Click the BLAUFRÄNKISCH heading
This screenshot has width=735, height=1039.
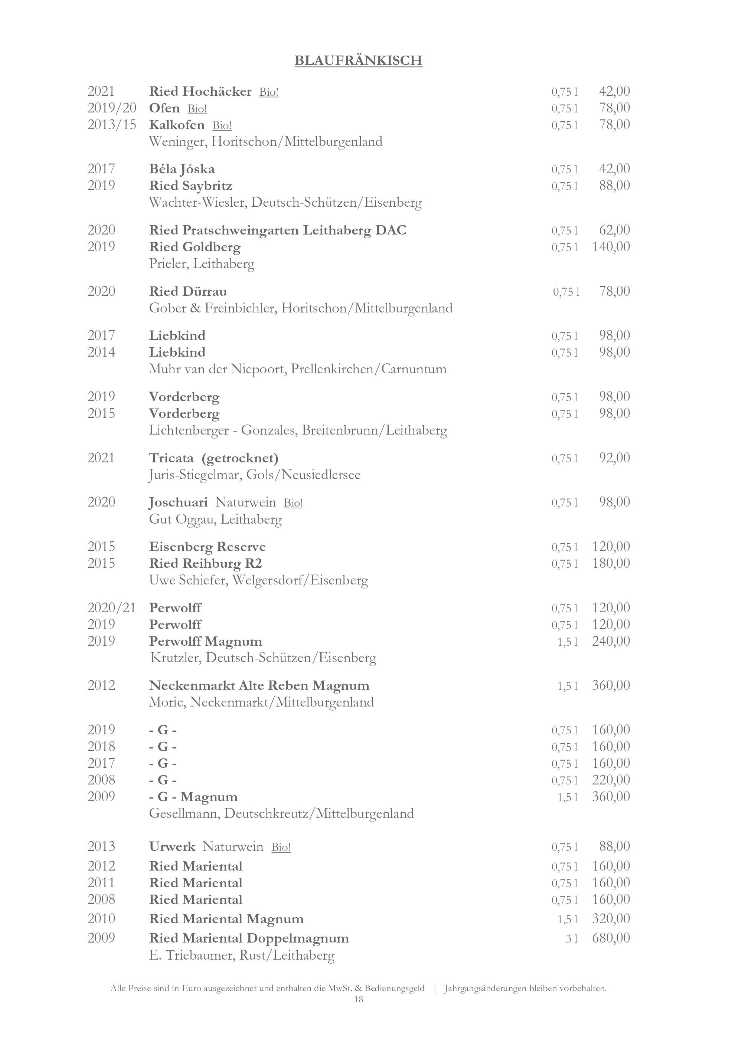click(x=359, y=60)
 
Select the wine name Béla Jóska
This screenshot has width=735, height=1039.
click(x=182, y=169)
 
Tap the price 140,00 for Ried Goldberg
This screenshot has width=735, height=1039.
click(x=611, y=247)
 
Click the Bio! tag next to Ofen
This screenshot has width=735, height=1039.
click(x=197, y=109)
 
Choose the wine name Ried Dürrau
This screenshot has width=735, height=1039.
click(x=188, y=291)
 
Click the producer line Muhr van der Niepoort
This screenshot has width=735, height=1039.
click(x=298, y=369)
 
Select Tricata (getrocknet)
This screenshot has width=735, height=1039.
click(x=213, y=458)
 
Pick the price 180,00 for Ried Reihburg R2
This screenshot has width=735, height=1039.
click(x=611, y=563)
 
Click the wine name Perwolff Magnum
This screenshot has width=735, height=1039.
click(x=206, y=641)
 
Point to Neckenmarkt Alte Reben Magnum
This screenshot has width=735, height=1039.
click(x=259, y=686)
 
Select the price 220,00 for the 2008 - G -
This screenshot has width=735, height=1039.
click(x=611, y=780)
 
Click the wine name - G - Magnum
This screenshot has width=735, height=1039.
click(x=193, y=796)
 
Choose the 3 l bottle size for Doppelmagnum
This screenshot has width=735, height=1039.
click(x=572, y=938)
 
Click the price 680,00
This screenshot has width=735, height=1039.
click(x=611, y=938)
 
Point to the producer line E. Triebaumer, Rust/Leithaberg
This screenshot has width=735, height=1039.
click(x=242, y=955)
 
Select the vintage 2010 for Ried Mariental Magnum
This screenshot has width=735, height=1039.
click(x=101, y=919)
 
